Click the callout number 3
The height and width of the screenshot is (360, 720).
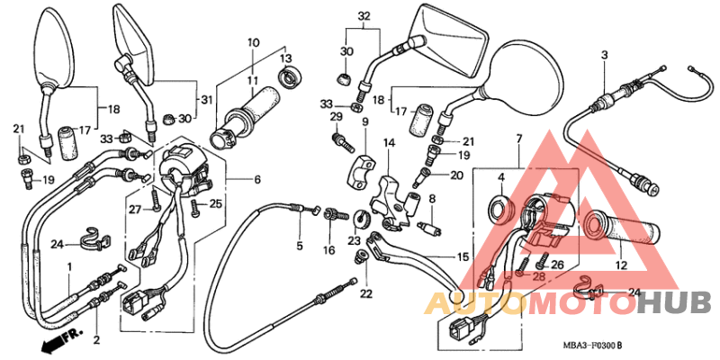[605, 56]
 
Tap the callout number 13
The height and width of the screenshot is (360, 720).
[286, 58]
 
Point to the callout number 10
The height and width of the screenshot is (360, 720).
[253, 42]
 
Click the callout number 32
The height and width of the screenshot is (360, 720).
[364, 16]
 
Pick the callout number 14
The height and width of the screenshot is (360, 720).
[389, 142]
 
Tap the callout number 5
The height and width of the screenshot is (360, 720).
[300, 245]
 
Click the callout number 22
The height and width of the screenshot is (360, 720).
[366, 293]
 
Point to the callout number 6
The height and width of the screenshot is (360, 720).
[257, 180]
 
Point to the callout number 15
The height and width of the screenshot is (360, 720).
[463, 257]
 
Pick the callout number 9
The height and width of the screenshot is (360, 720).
[365, 121]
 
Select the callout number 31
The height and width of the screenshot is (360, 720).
[206, 99]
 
